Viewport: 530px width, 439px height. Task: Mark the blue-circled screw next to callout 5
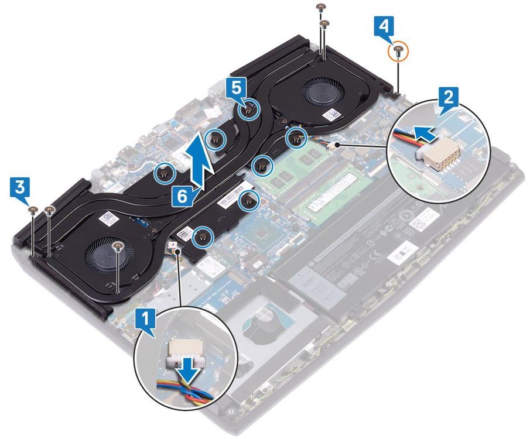pyautogui.click(x=249, y=108)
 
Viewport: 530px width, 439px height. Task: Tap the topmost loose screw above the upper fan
pyautogui.click(x=320, y=8)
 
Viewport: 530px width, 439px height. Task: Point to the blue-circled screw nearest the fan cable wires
pyautogui.click(x=295, y=139)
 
